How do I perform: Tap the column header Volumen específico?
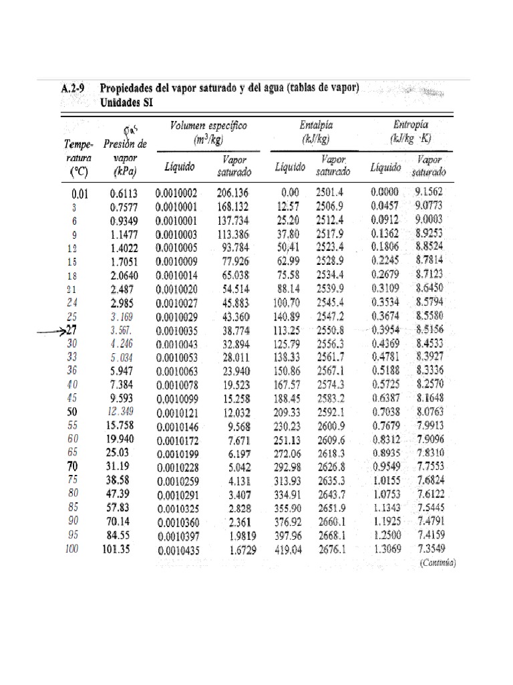(x=208, y=125)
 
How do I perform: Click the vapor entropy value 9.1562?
(x=428, y=192)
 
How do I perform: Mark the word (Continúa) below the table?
(x=438, y=563)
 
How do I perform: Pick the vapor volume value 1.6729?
(x=236, y=550)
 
